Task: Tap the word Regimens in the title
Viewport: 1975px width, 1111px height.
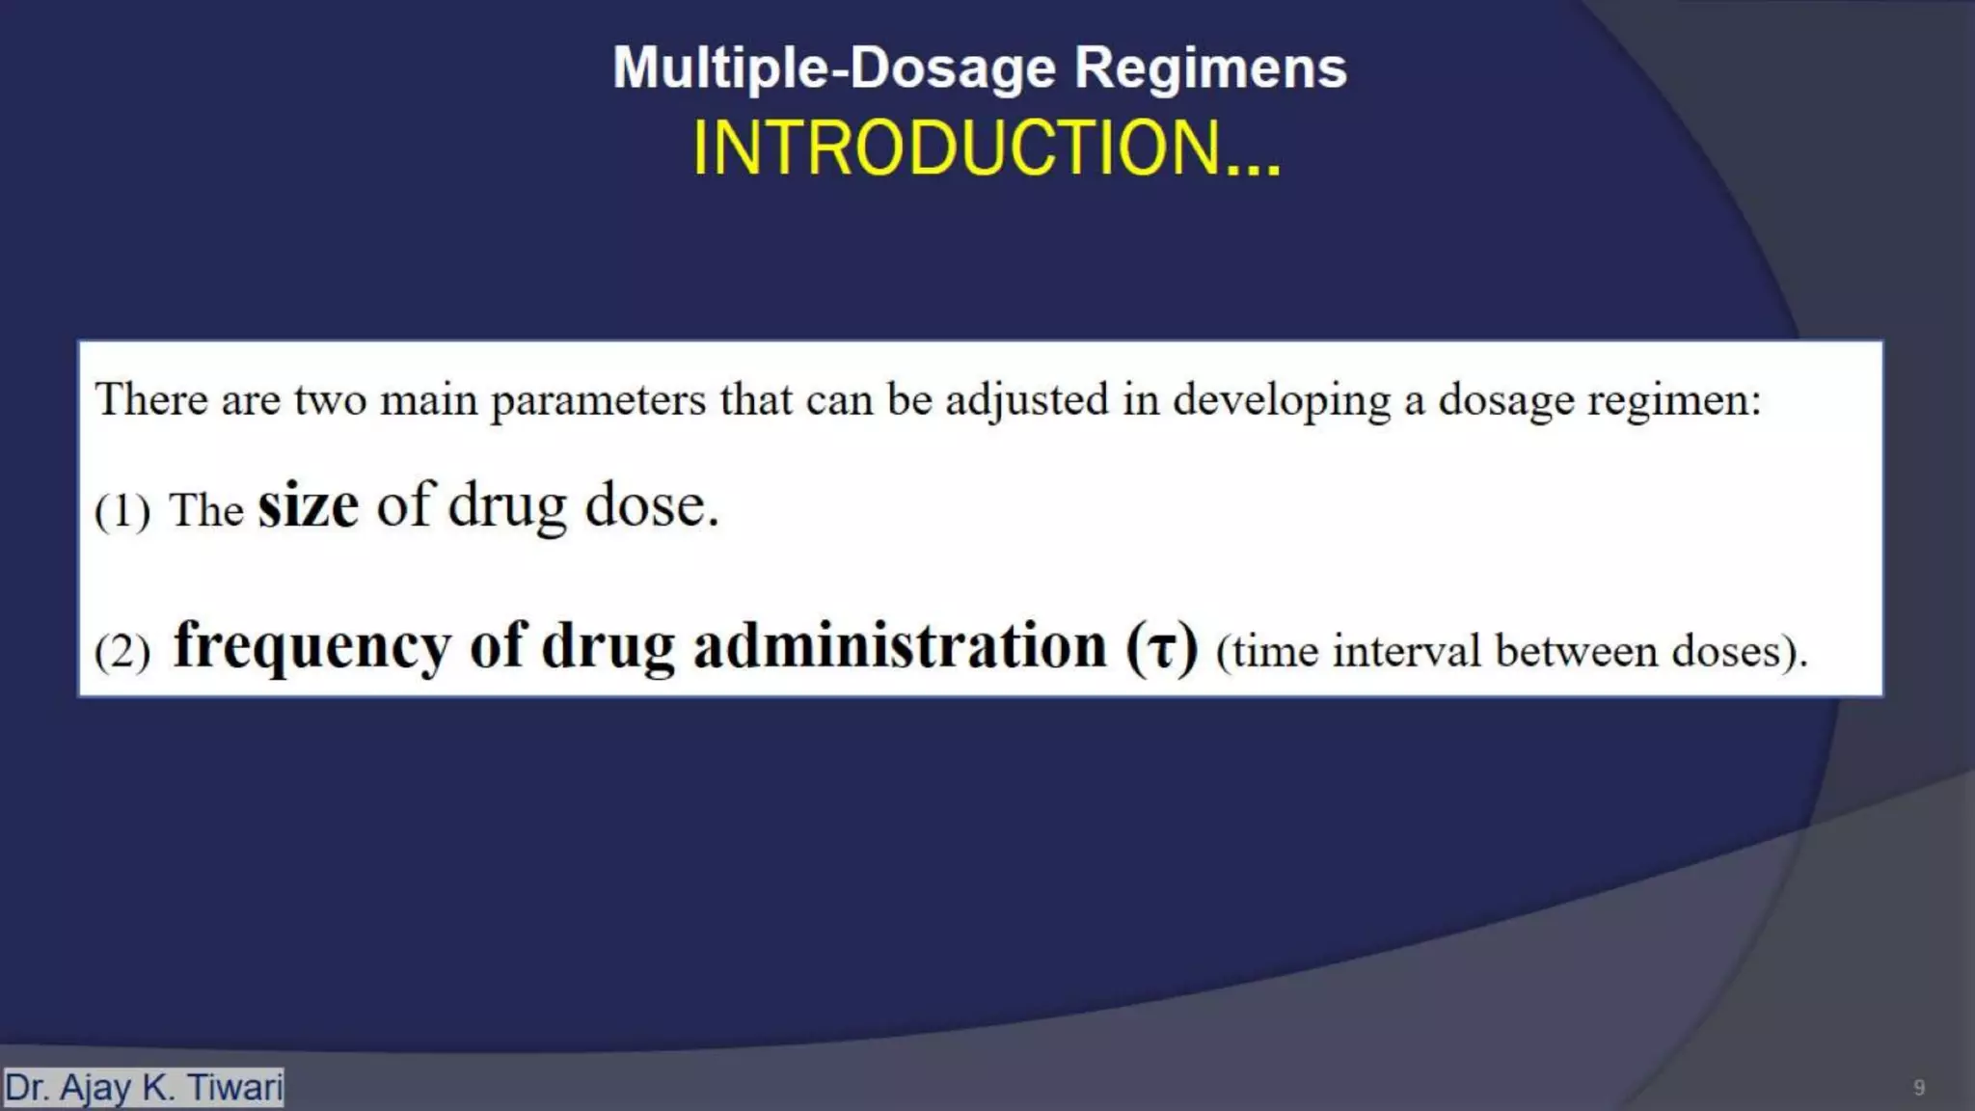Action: click(x=1210, y=68)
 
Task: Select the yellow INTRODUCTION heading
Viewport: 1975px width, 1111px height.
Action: click(x=987, y=149)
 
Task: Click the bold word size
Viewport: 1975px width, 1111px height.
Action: click(x=308, y=505)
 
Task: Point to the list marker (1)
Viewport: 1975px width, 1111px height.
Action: click(x=122, y=510)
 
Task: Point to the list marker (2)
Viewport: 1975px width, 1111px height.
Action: click(x=122, y=651)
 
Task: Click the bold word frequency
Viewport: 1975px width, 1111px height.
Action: click(x=311, y=646)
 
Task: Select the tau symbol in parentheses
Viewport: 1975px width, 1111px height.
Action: click(x=1162, y=648)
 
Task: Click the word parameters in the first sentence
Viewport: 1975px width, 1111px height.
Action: click(x=598, y=400)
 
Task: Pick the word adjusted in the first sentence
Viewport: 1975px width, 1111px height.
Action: click(x=1026, y=400)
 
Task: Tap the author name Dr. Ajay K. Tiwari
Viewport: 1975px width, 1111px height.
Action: click(x=144, y=1087)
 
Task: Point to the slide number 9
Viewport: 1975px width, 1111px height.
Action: click(x=1919, y=1088)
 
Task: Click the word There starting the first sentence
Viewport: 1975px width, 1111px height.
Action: click(x=151, y=399)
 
